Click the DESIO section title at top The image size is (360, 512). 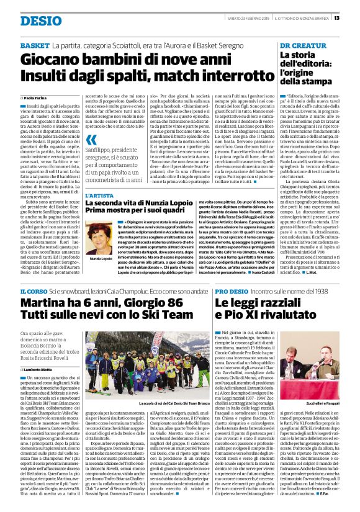coord(40,20)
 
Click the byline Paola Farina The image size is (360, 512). coord(38,98)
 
